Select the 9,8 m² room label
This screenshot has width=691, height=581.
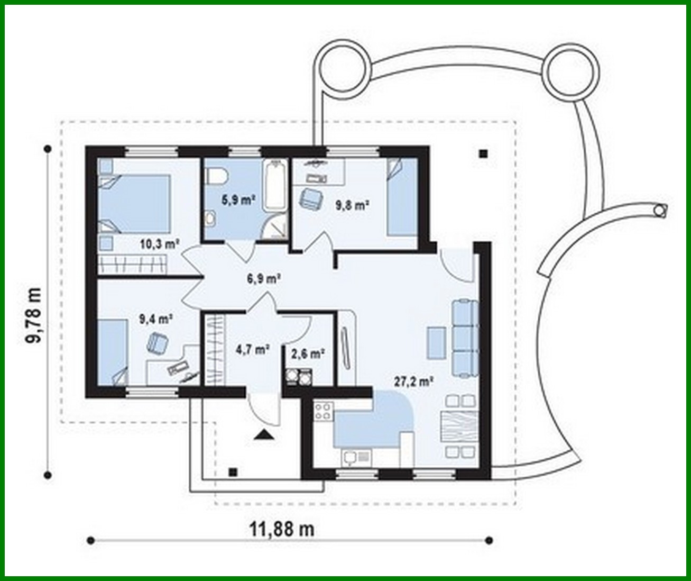[352, 205]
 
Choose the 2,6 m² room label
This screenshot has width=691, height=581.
[308, 353]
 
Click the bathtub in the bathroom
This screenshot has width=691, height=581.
[275, 185]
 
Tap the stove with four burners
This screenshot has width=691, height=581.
[324, 412]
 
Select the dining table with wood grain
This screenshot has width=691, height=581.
[458, 426]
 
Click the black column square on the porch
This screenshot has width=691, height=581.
[232, 472]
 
